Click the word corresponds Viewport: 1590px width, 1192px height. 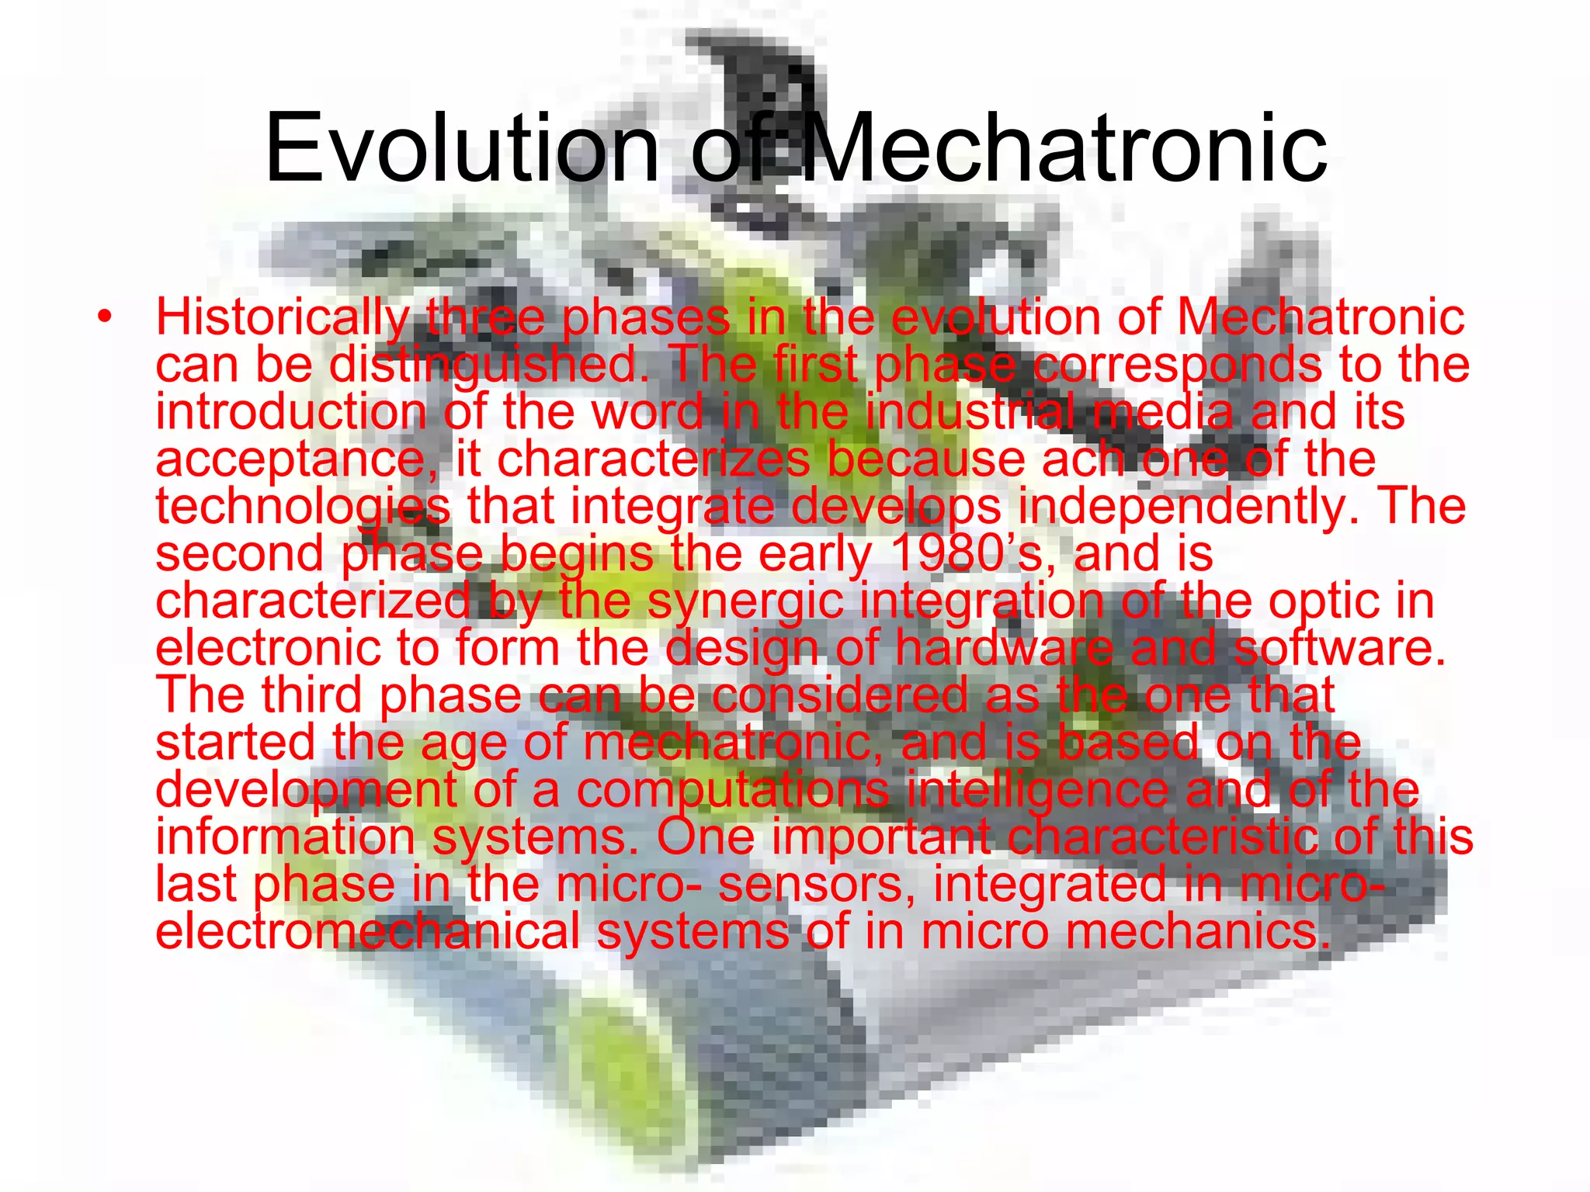pyautogui.click(x=1177, y=366)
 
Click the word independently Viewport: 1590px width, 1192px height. pyautogui.click(x=1188, y=507)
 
